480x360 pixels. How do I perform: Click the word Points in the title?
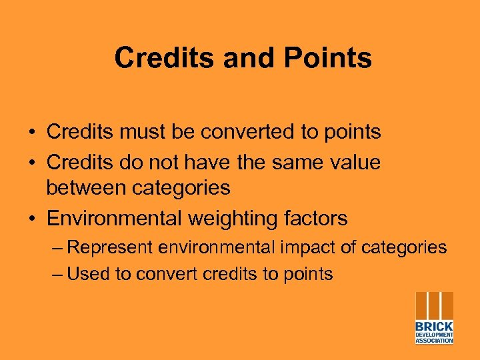327,58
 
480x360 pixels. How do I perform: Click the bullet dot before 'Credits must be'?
32,133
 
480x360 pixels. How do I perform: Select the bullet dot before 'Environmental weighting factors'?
32,219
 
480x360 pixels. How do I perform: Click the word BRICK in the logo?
434,327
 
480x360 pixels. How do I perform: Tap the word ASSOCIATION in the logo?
434,341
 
